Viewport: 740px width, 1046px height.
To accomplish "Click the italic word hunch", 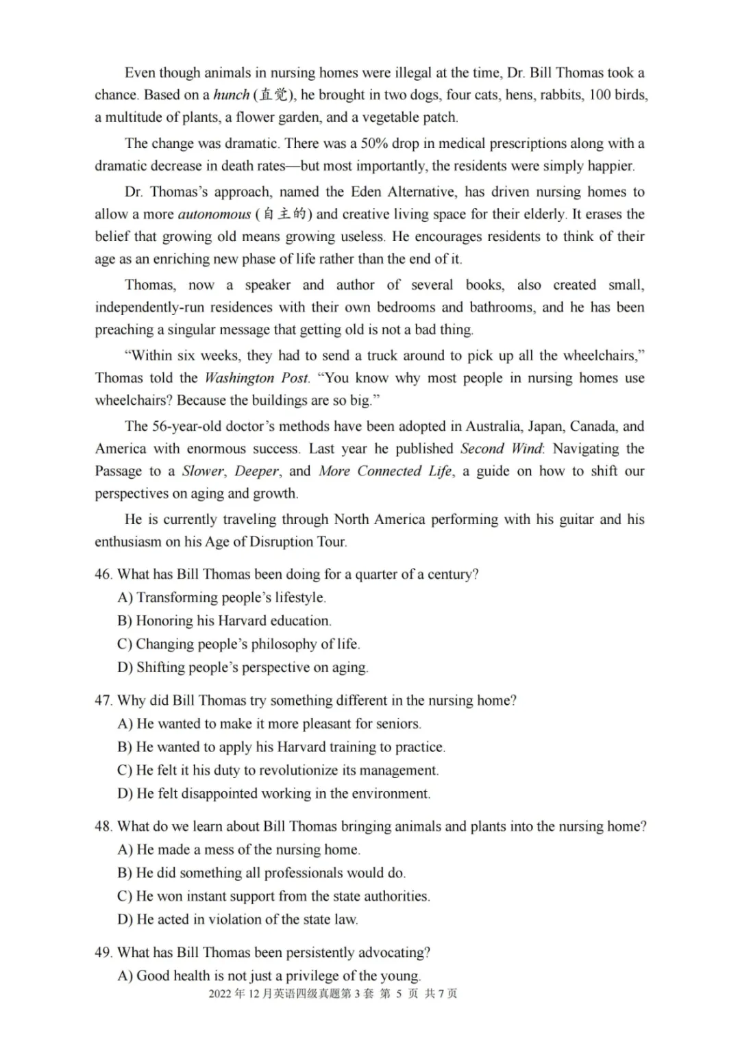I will [x=231, y=95].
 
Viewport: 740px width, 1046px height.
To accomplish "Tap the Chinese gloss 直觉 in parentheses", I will [x=273, y=95].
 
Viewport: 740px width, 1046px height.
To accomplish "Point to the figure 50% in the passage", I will [x=375, y=144].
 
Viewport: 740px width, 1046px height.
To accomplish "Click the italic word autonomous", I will [x=214, y=214].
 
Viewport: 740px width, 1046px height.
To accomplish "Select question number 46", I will [x=103, y=574].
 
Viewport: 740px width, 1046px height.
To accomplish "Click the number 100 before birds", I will [x=600, y=95].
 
